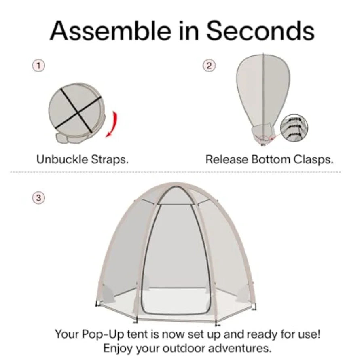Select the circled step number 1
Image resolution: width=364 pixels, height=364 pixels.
point(38,65)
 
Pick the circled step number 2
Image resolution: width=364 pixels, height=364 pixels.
point(209,65)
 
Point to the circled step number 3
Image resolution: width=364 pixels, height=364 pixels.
point(38,198)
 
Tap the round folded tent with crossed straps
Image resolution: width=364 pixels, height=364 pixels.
point(75,111)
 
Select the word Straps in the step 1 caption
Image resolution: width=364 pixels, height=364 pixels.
point(111,159)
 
